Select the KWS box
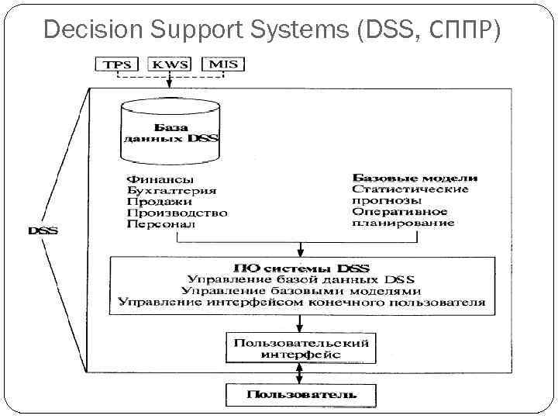tap(170, 64)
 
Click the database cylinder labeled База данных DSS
tap(170, 130)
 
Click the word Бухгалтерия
tap(171, 190)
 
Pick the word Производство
tap(177, 213)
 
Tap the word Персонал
tap(160, 224)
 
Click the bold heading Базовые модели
tap(415, 178)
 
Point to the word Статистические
tap(410, 189)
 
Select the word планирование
tap(402, 223)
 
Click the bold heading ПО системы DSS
tap(301, 268)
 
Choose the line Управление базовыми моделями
tap(301, 290)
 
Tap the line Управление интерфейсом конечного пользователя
tap(301, 301)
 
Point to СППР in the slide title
tap(463, 30)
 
